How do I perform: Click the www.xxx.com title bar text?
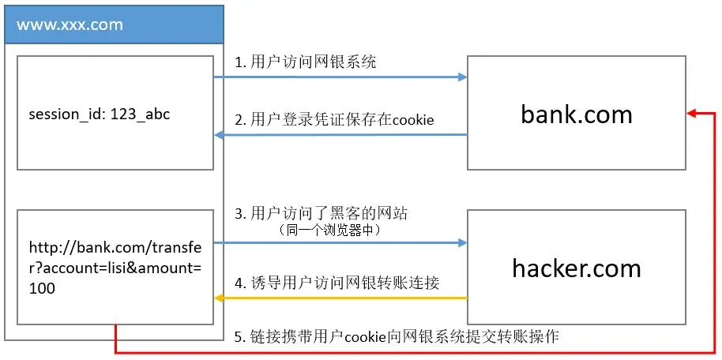(70, 24)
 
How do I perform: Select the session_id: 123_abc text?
(100, 114)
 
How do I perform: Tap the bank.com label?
(577, 114)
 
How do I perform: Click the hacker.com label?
(577, 268)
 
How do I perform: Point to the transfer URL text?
(115, 268)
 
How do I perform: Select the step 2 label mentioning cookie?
(334, 120)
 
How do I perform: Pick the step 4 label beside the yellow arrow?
(337, 283)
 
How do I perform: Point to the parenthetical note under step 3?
(330, 231)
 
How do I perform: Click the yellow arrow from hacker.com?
(340, 298)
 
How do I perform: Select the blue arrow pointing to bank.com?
(340, 77)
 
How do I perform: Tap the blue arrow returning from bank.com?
(340, 135)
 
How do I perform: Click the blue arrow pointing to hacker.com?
(340, 242)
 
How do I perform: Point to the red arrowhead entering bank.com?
(691, 114)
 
